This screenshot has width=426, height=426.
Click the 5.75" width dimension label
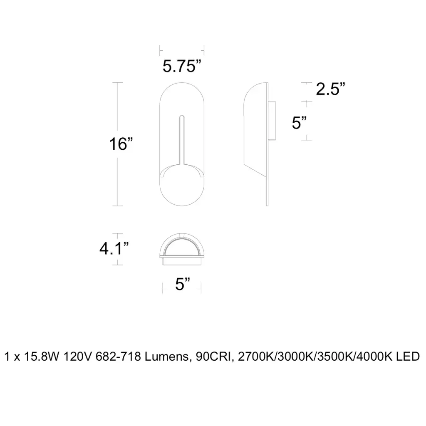tap(182, 66)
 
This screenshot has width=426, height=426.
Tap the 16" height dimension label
tap(121, 144)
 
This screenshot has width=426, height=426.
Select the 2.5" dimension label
tap(330, 89)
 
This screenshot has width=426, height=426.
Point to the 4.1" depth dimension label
tap(114, 248)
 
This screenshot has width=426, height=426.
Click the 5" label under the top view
tap(182, 284)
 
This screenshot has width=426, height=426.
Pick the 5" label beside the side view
tap(299, 123)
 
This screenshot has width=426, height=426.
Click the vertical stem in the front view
tap(182, 140)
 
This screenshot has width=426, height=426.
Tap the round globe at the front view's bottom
tap(182, 186)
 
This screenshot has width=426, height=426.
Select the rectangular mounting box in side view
tap(272, 121)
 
